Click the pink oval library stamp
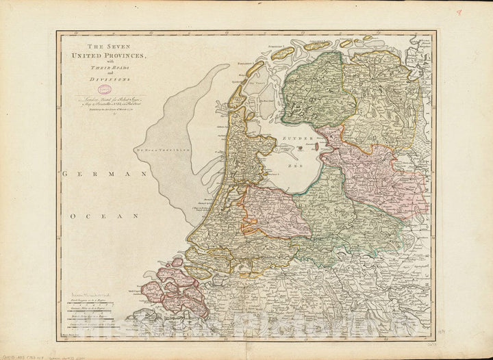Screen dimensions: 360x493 pyautogui.click(x=105, y=90)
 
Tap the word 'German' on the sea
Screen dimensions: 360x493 pyautogui.click(x=106, y=175)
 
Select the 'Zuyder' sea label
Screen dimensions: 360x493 pyautogui.click(x=294, y=138)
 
